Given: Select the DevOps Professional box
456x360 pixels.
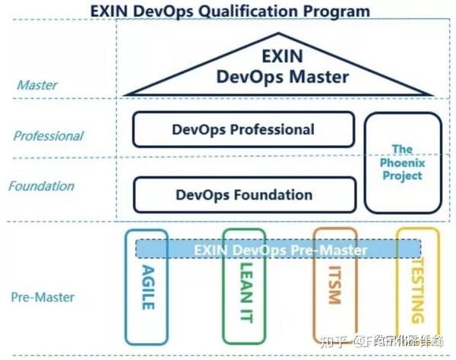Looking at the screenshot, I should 243,129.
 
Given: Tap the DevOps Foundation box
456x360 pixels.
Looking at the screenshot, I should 243,194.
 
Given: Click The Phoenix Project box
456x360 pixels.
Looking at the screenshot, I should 402,163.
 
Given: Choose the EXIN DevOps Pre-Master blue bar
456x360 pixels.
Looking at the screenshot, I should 279,249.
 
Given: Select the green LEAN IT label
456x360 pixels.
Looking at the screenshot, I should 245,292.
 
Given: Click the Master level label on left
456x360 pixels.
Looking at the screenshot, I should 36,85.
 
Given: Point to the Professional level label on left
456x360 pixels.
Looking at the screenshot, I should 48,136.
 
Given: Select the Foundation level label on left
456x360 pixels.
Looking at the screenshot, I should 42,186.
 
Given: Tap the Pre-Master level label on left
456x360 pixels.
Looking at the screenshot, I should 42,295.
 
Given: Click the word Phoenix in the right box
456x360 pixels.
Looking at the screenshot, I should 402,163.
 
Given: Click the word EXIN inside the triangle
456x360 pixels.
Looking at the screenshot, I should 282,56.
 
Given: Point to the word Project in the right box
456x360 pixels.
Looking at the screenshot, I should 402,176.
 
